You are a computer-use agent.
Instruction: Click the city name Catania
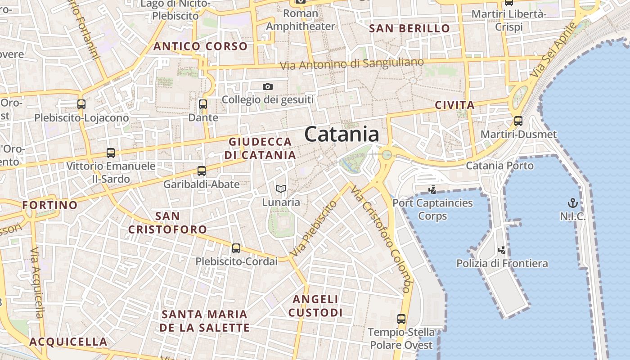point(342,135)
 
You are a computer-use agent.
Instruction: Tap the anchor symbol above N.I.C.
point(573,203)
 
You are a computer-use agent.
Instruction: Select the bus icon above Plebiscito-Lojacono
point(81,104)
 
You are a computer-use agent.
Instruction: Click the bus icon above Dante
point(203,104)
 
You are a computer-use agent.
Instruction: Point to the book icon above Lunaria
point(281,189)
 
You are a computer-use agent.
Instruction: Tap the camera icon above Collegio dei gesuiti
point(268,86)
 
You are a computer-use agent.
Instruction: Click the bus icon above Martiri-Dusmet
point(518,121)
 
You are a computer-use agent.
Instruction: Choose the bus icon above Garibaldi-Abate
point(202,171)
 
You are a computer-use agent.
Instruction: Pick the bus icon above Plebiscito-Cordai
point(236,248)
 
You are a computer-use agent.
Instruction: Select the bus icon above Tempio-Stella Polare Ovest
point(401,319)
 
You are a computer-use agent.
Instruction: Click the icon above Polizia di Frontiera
point(502,250)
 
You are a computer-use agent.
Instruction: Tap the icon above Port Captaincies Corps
point(432,189)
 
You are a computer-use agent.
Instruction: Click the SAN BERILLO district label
point(409,28)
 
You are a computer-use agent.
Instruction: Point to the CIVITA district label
point(455,105)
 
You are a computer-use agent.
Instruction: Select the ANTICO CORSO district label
point(201,46)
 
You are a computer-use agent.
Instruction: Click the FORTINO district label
point(50,205)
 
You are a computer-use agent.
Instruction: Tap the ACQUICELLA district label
point(68,342)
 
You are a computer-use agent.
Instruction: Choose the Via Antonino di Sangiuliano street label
point(352,63)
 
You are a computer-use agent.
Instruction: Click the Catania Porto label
point(499,166)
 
